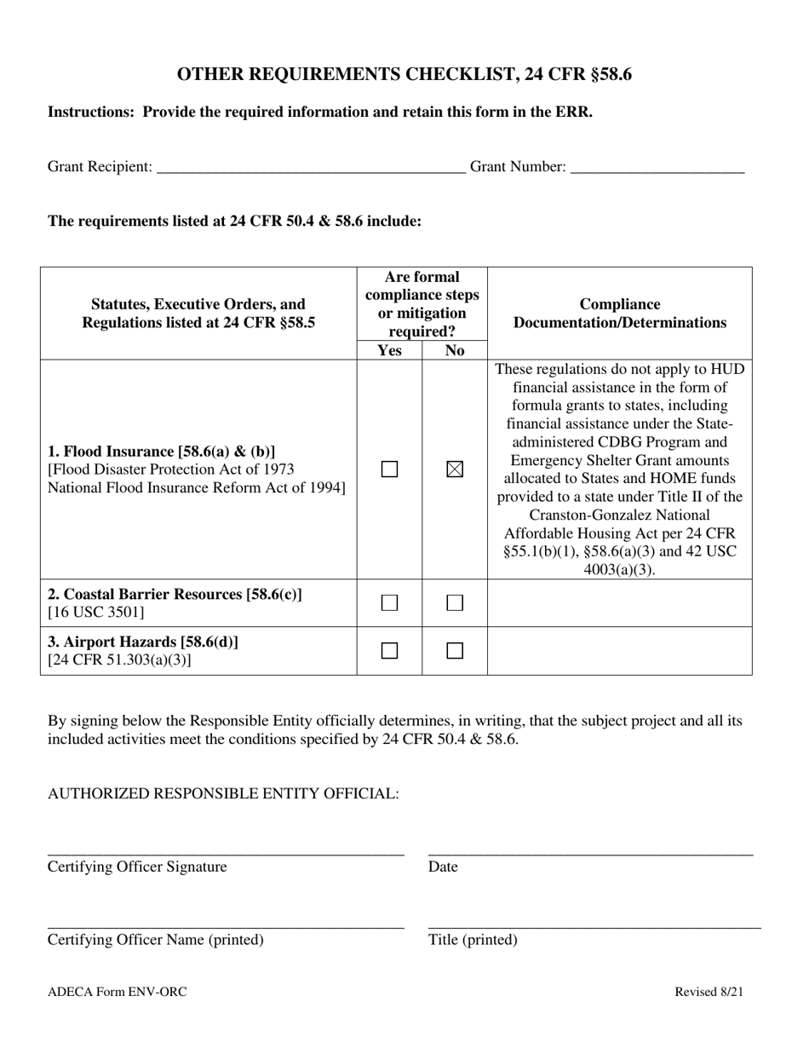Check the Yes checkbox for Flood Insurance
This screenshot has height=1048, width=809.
tap(389, 469)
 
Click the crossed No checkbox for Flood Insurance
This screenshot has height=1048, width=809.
tap(455, 469)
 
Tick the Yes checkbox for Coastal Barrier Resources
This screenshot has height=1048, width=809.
tap(389, 603)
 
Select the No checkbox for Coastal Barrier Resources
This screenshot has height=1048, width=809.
tap(455, 603)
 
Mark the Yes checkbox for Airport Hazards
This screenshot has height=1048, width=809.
tap(389, 651)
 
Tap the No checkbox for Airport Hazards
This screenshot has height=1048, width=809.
tap(455, 651)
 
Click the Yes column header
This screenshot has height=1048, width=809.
tap(389, 350)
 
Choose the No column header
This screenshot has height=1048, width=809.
tap(455, 350)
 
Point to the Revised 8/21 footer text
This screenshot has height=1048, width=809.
tap(709, 992)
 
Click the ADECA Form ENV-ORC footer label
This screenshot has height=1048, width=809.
tap(118, 992)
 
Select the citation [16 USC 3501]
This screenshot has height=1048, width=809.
tap(96, 613)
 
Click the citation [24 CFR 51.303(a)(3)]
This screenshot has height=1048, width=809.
tap(120, 660)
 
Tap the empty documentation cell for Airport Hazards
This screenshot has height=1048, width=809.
tap(619, 651)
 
